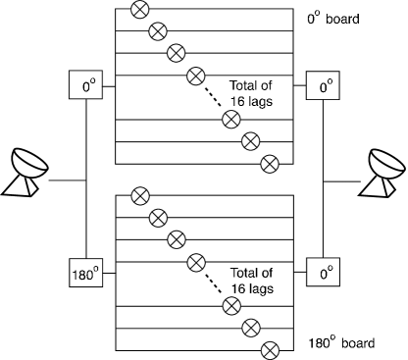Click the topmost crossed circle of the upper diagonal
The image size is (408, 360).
138,11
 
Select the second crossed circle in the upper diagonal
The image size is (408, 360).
157,31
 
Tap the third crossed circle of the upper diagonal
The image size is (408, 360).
177,52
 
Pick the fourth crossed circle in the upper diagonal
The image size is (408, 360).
196,73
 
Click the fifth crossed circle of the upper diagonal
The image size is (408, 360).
231,119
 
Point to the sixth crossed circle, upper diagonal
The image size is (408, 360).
250,140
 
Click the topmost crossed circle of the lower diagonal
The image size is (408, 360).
138,196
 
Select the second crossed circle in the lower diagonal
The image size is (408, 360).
157,217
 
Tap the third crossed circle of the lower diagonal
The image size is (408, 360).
177,238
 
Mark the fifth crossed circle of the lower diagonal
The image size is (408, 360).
231,305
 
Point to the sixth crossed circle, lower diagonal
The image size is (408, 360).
250,326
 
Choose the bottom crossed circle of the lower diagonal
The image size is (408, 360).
270,347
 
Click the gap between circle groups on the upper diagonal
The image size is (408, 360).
214,96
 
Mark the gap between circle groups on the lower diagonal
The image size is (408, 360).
214,283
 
